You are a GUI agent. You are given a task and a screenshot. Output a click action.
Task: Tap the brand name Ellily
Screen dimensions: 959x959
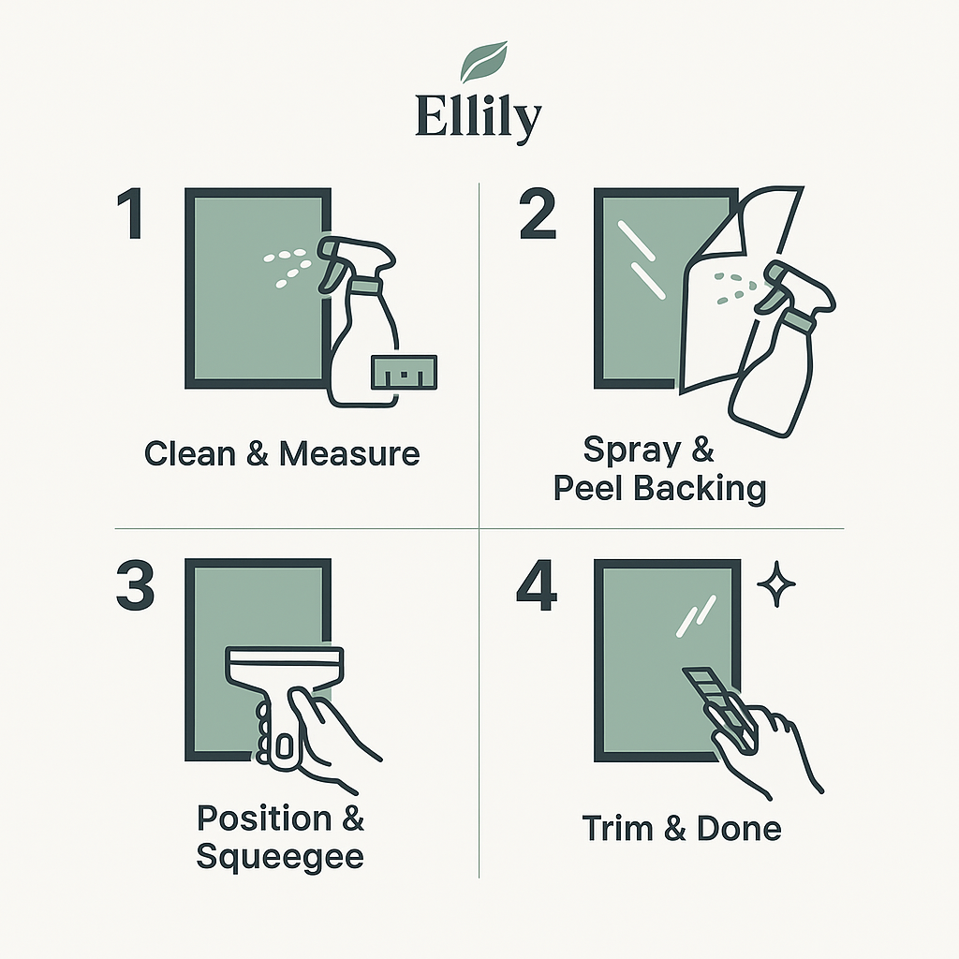coord(479,117)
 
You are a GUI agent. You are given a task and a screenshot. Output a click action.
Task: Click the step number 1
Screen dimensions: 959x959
coord(130,214)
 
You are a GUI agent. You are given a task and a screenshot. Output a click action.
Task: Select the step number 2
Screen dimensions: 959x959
coord(538,214)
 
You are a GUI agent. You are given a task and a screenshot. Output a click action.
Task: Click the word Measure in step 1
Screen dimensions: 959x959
coord(349,454)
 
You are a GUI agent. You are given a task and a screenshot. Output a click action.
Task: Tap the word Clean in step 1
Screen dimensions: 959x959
coord(189,454)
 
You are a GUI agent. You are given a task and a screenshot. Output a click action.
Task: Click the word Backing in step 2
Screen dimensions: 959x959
coord(699,489)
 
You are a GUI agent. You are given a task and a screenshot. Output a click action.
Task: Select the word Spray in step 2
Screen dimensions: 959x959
coord(632,450)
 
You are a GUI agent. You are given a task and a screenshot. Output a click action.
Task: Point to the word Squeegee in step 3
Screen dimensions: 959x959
coord(279,856)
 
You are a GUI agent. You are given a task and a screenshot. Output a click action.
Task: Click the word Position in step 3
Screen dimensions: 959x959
coord(263,818)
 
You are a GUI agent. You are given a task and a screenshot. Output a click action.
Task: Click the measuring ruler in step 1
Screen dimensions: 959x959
coord(405,372)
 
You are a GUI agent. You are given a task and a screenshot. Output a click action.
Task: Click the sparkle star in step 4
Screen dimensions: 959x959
coord(776,584)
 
